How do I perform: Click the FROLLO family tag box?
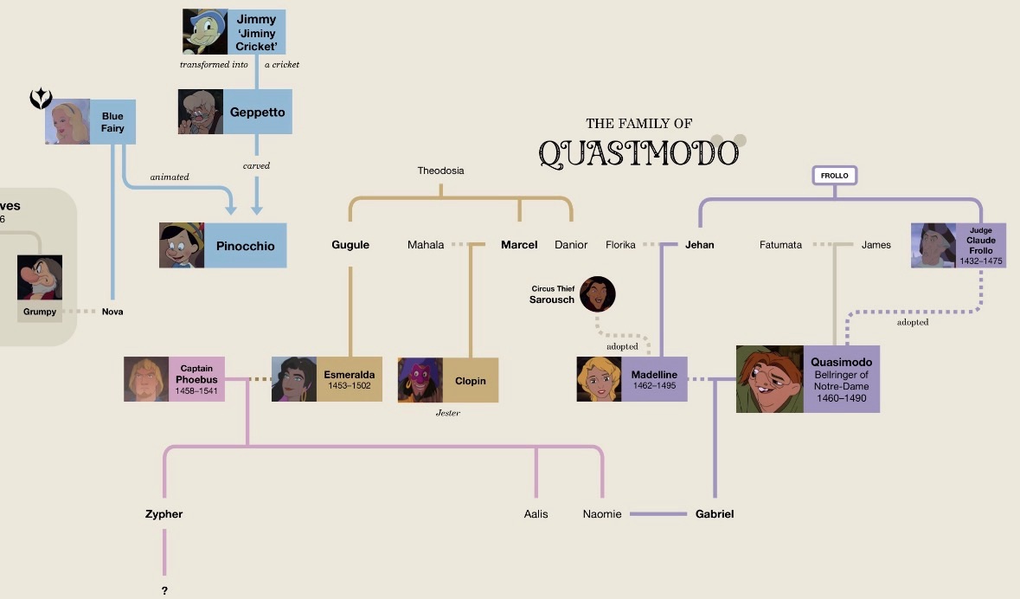click(835, 175)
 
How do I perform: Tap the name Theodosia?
click(440, 171)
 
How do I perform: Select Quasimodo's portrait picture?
click(770, 379)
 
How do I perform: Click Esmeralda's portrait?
click(294, 379)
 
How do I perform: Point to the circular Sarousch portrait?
click(597, 294)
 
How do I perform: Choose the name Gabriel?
click(715, 513)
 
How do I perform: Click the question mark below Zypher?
click(164, 590)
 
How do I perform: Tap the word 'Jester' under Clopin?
click(447, 413)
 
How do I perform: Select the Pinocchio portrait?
click(183, 246)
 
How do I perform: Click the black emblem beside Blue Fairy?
click(41, 99)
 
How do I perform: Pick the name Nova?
click(112, 312)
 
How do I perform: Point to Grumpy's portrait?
click(40, 277)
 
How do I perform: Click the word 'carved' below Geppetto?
click(256, 165)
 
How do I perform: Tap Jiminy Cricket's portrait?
click(205, 31)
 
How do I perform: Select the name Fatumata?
click(780, 245)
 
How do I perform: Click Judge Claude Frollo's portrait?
click(933, 246)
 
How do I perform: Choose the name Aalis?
click(536, 513)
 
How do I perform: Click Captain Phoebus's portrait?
click(146, 379)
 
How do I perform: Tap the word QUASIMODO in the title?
click(638, 154)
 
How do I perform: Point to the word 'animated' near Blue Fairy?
click(169, 177)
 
